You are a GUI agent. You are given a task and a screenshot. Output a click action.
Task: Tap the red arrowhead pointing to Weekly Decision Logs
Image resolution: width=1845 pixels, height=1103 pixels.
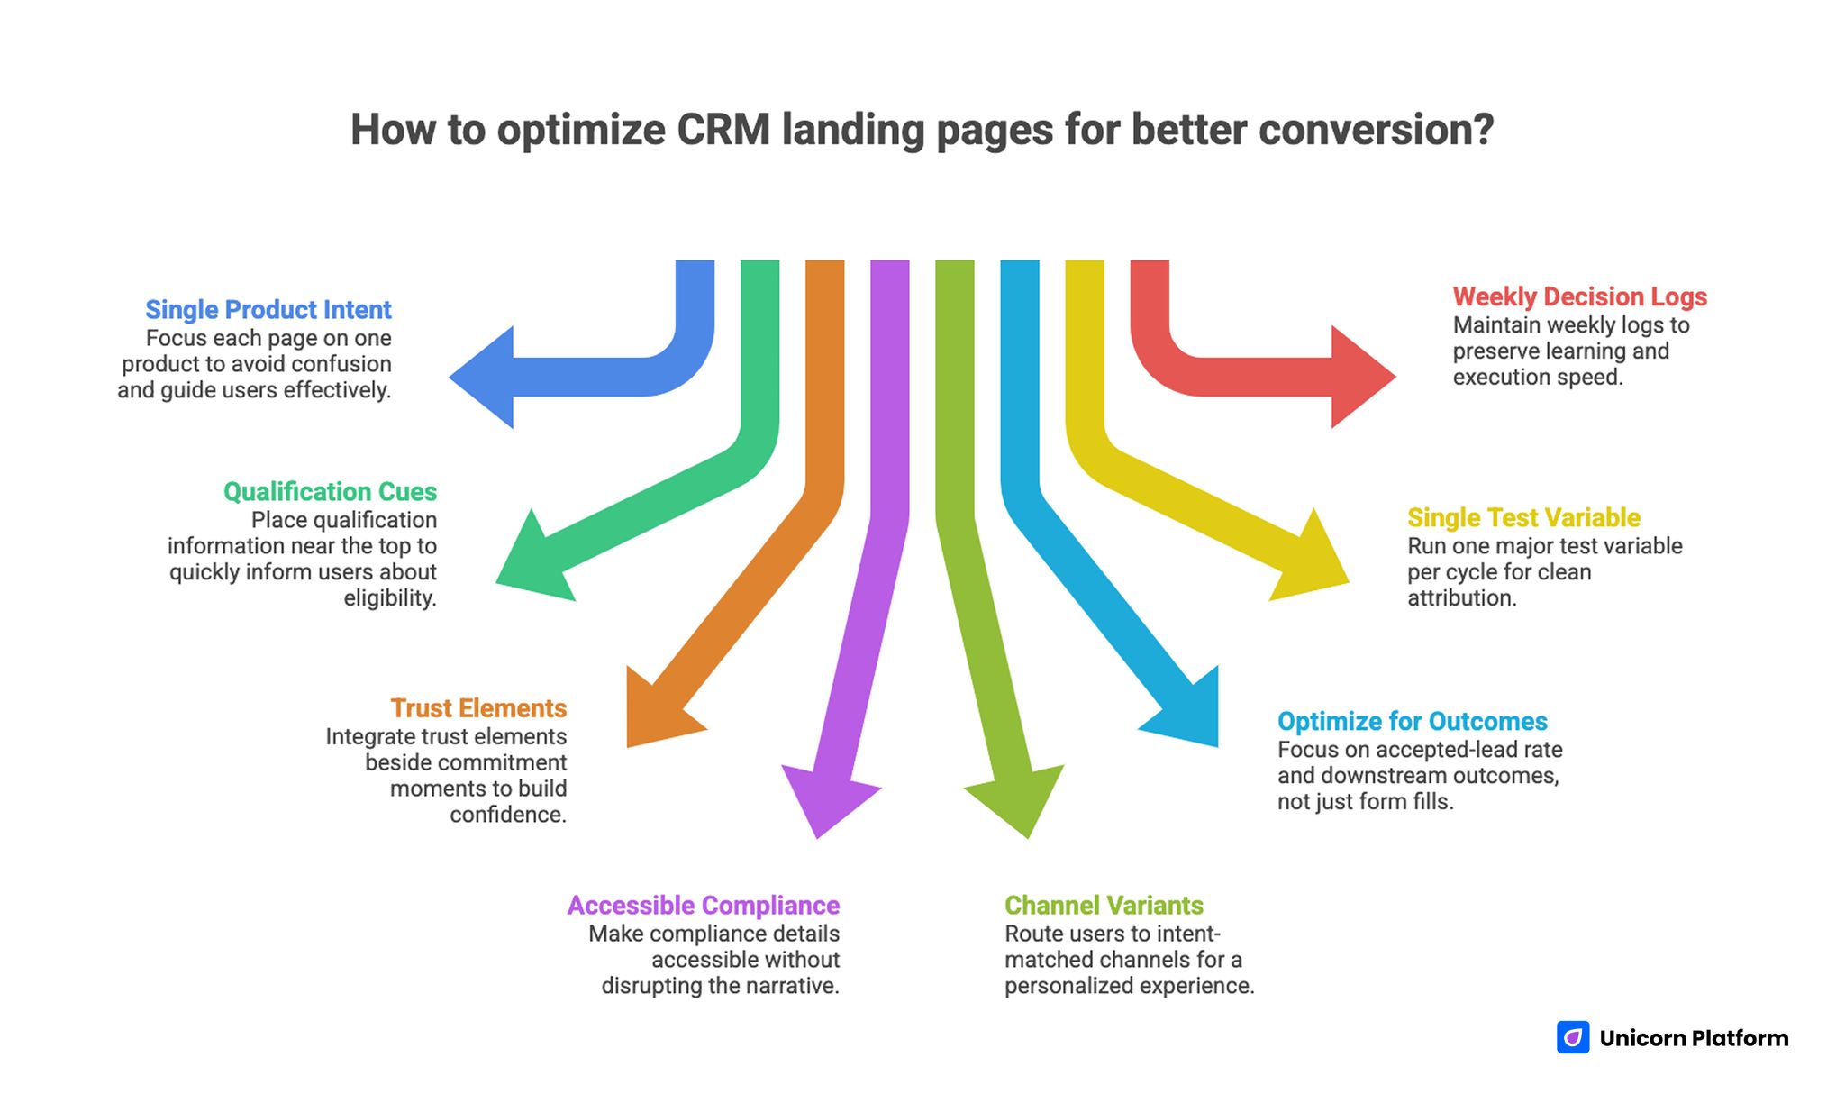coord(1360,377)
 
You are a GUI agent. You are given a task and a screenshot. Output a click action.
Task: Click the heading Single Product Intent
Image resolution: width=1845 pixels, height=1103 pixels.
coord(268,310)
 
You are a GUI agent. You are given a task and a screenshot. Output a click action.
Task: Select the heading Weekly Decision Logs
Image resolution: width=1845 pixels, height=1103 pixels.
coord(1579,296)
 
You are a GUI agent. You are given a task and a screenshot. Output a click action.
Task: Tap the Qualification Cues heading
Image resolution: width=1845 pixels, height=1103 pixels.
coord(330,492)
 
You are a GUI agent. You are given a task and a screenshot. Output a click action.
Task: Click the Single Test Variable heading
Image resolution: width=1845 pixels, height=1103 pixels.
coord(1523,518)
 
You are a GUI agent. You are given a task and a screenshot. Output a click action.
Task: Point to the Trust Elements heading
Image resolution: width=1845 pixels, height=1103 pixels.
coord(478,708)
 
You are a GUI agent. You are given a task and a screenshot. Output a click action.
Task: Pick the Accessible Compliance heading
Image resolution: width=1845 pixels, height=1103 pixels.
coord(704,906)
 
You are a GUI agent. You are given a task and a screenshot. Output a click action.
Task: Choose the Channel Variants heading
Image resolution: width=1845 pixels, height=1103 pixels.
coord(1104,906)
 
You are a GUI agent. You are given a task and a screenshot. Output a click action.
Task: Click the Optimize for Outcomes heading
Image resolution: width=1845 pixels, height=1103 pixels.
coord(1412,722)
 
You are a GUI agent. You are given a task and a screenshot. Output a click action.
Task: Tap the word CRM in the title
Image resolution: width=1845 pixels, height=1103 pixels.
coord(723,130)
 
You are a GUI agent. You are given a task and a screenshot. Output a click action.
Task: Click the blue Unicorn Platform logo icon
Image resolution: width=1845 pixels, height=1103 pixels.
coord(1573,1037)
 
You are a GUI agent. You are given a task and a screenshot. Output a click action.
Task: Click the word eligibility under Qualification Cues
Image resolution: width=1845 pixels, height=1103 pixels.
coord(390,598)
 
